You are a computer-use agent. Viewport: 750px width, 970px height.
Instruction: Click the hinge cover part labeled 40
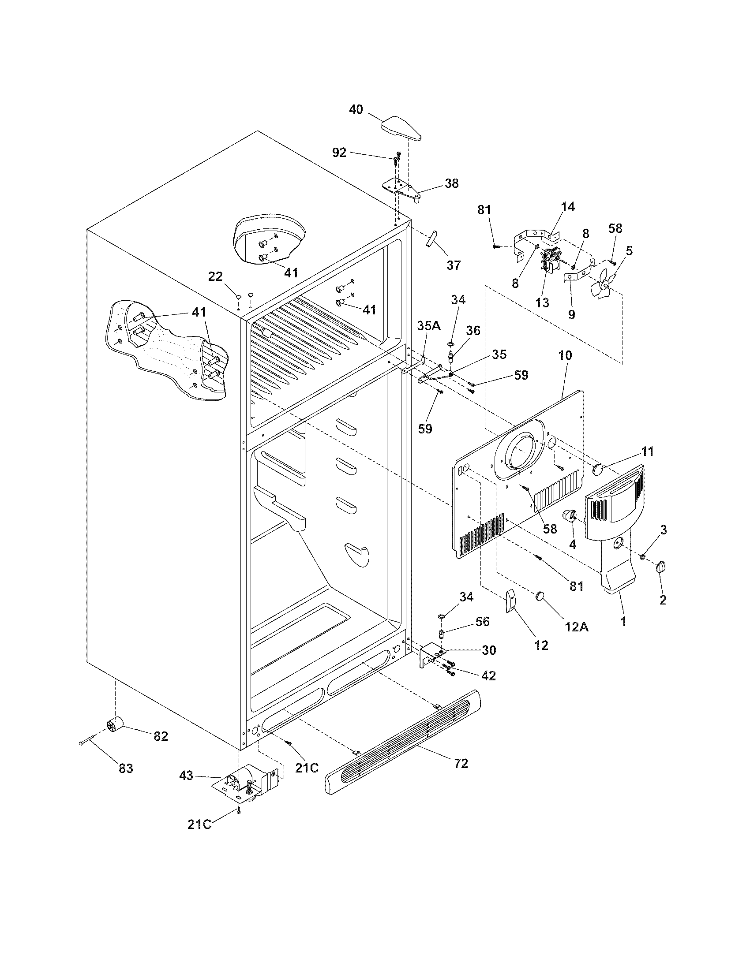(x=402, y=128)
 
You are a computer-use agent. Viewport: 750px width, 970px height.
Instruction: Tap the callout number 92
(x=339, y=153)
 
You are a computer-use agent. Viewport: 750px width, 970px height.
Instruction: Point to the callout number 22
(x=215, y=276)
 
